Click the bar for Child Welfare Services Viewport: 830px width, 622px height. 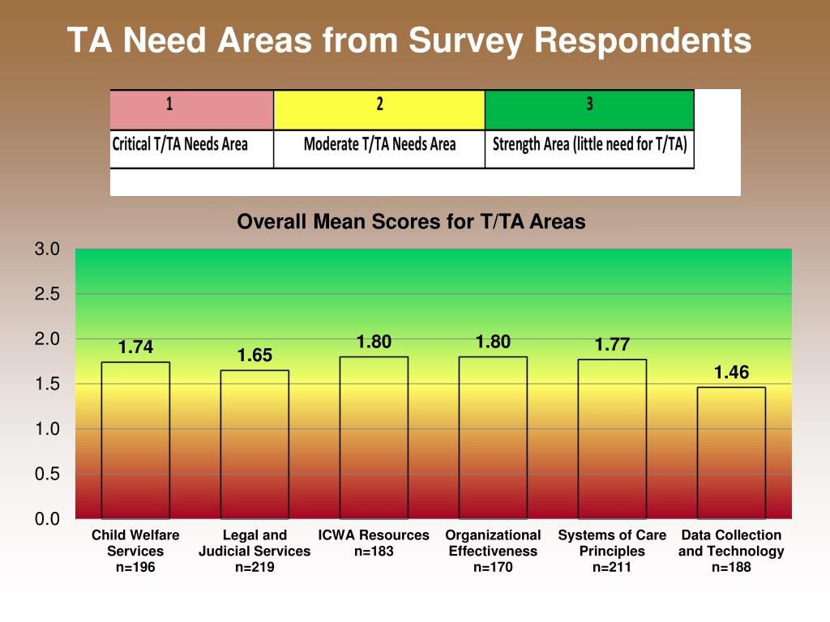pyautogui.click(x=135, y=440)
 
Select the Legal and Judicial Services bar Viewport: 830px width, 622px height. pyautogui.click(x=255, y=445)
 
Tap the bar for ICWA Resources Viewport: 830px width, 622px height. pyautogui.click(x=374, y=437)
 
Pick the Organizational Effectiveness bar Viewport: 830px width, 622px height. pyautogui.click(x=493, y=437)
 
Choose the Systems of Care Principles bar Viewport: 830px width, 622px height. pyautogui.click(x=612, y=439)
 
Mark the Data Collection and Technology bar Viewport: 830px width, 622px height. pyautogui.click(x=731, y=453)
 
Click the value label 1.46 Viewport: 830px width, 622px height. pyautogui.click(x=732, y=373)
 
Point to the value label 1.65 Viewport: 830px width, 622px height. pyautogui.click(x=255, y=356)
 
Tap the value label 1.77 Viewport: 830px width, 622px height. pyautogui.click(x=612, y=345)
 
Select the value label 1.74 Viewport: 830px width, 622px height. pyautogui.click(x=135, y=347)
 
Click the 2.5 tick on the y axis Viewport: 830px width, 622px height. pyautogui.click(x=47, y=294)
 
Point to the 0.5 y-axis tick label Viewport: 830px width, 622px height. pyautogui.click(x=47, y=474)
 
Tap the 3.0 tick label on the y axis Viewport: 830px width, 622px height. pyautogui.click(x=47, y=249)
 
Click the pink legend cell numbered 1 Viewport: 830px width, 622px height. pyautogui.click(x=191, y=110)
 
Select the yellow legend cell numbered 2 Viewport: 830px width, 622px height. pyautogui.click(x=379, y=110)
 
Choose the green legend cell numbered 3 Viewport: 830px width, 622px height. pyautogui.click(x=589, y=110)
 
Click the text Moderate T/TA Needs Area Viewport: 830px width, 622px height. pyautogui.click(x=379, y=144)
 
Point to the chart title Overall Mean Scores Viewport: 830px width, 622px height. pyautogui.click(x=411, y=222)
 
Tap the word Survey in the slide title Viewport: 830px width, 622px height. pyautogui.click(x=466, y=40)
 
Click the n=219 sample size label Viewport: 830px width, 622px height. pyautogui.click(x=255, y=567)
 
